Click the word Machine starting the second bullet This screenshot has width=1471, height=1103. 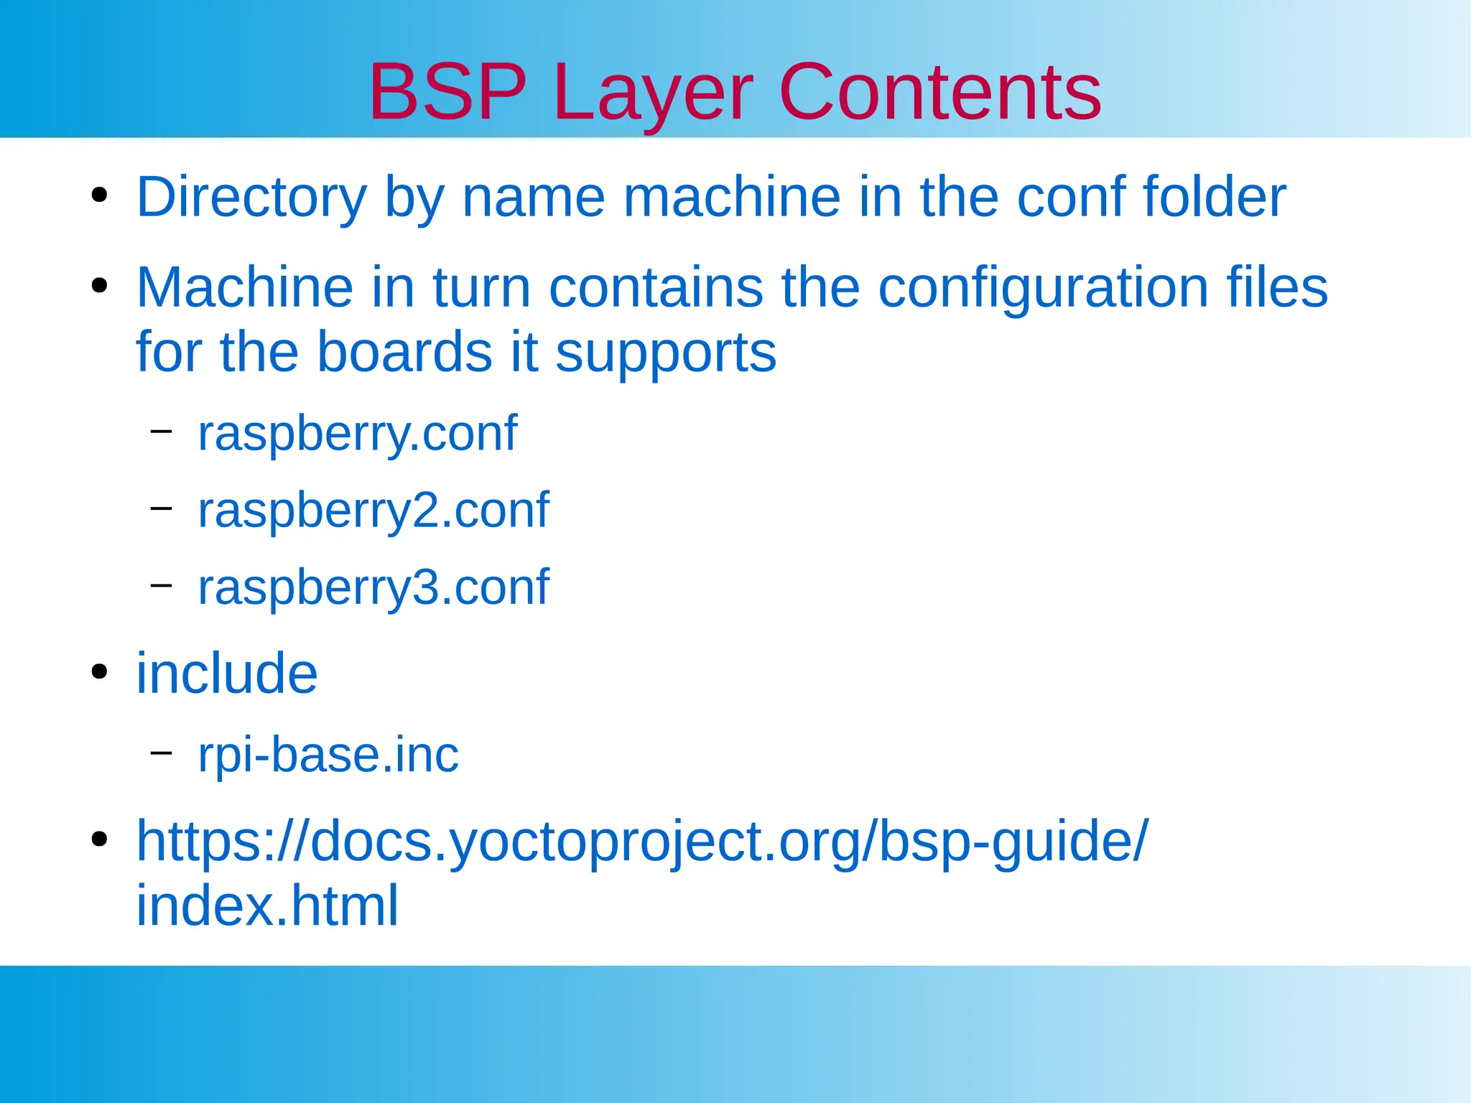point(244,287)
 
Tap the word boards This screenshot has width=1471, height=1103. point(404,352)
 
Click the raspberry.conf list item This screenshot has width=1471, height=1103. point(357,434)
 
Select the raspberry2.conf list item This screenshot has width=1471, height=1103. point(373,511)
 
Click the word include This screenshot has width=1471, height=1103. point(226,674)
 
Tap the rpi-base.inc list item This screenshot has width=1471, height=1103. point(328,755)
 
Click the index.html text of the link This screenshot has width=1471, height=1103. point(266,906)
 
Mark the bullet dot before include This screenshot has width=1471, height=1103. point(99,672)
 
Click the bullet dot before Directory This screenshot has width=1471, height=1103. point(99,195)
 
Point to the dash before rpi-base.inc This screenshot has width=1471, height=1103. point(161,752)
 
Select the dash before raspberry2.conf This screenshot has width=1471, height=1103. point(161,508)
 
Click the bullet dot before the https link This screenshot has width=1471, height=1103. point(99,839)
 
